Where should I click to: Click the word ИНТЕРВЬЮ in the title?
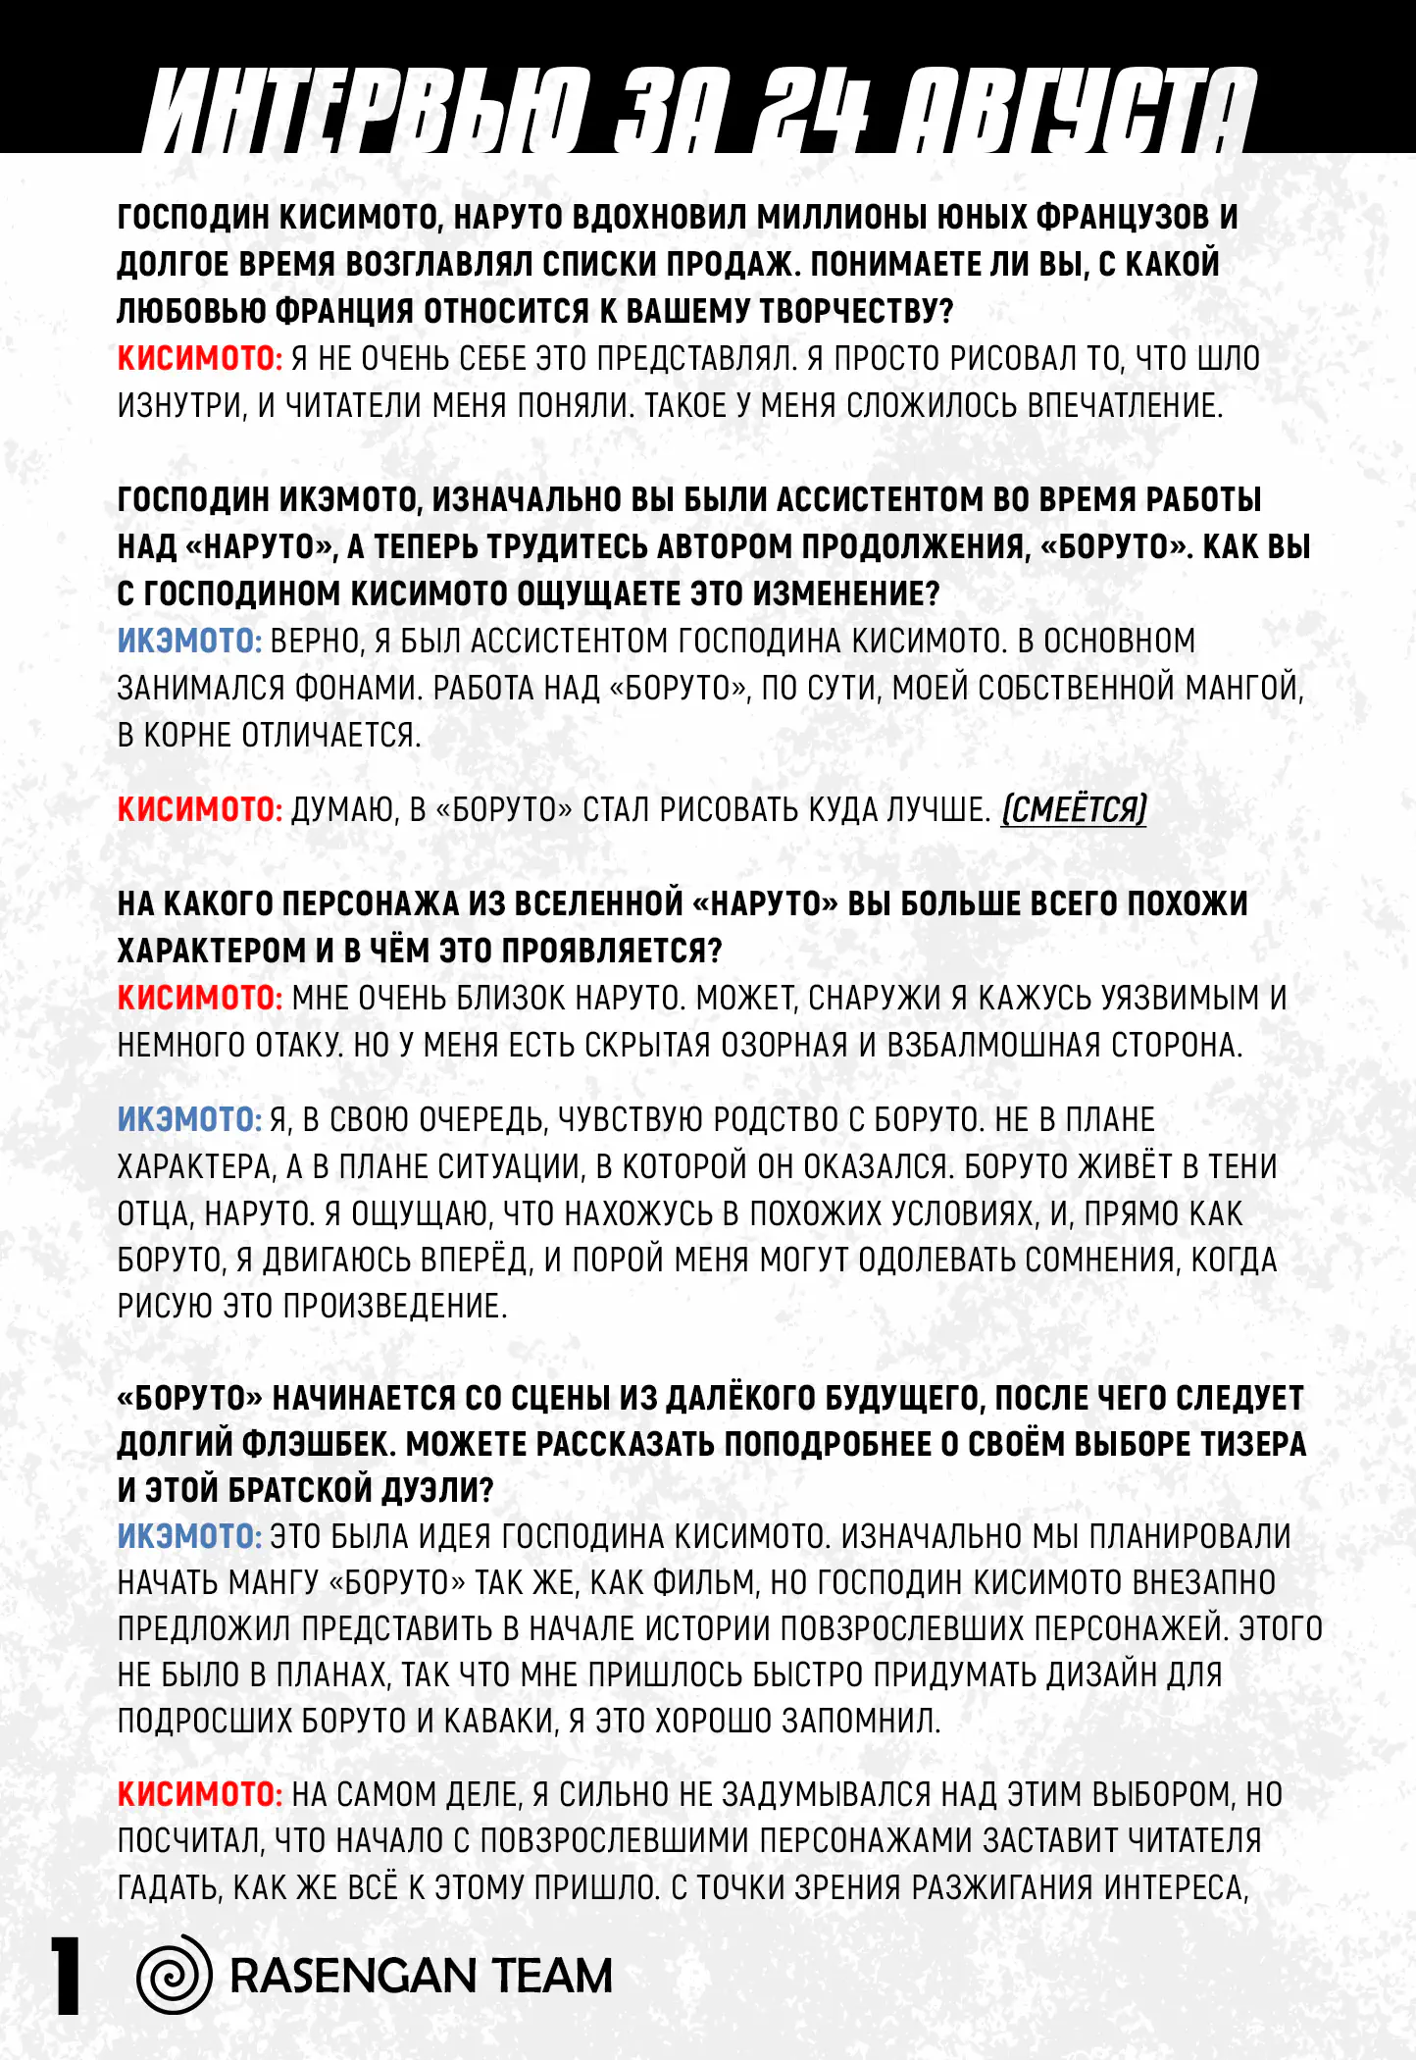(367, 110)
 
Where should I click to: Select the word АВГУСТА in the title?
(1078, 110)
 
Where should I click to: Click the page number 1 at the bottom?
(66, 1976)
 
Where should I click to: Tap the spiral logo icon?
(175, 1974)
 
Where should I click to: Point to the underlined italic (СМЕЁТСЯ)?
(1074, 810)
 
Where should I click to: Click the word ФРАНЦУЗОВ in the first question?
(1122, 217)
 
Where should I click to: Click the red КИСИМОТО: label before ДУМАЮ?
(200, 810)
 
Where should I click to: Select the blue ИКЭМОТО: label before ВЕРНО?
(189, 642)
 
